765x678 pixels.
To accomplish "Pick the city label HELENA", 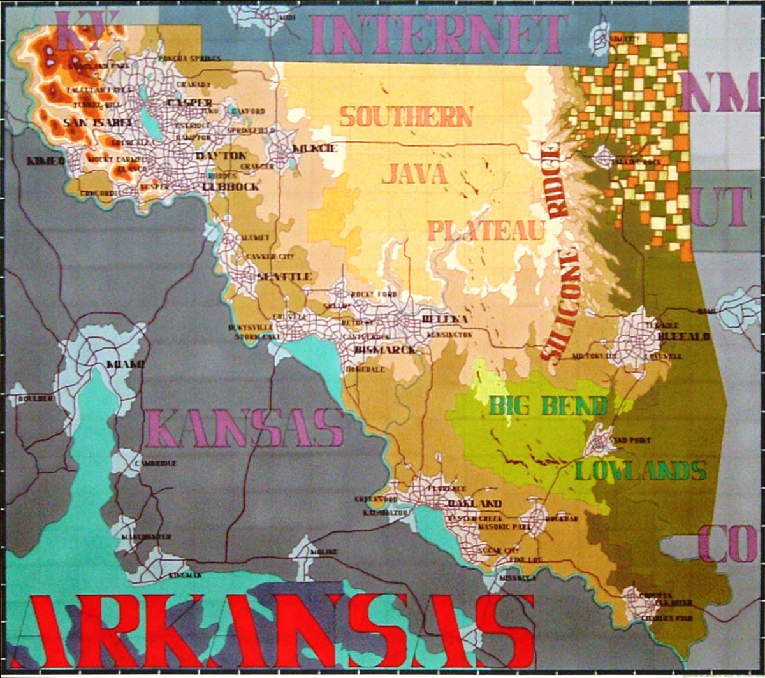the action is (445, 319).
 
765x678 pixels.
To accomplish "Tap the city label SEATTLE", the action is (284, 277).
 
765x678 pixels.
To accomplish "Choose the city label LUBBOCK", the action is (230, 187).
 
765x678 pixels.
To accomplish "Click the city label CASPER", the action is (189, 103).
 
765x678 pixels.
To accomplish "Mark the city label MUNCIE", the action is (314, 148).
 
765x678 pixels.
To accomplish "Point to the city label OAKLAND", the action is (474, 503).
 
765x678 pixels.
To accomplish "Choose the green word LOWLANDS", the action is (641, 471).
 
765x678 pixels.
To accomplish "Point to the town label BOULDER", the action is (36, 399).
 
